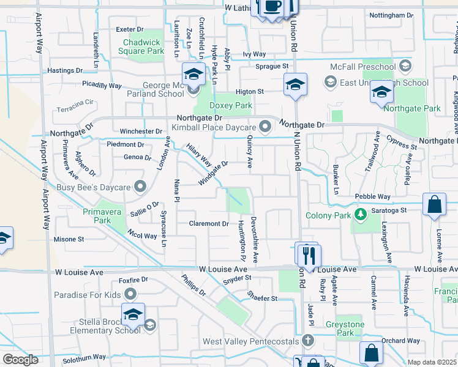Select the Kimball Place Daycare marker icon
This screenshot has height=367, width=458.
coord(265,127)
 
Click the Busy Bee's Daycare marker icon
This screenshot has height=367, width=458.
coord(140,186)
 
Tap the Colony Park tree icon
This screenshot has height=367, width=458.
coord(361,214)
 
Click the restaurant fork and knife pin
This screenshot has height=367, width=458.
coord(309,255)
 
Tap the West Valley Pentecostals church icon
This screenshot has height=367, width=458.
coord(308,340)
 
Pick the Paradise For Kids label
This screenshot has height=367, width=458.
coord(87,295)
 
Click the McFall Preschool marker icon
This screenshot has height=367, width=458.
coord(405,66)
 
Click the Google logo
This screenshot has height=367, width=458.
coord(20,359)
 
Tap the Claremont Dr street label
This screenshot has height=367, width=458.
coord(208,224)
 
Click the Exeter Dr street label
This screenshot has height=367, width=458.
coord(129,29)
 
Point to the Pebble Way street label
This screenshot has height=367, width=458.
coord(372,197)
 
